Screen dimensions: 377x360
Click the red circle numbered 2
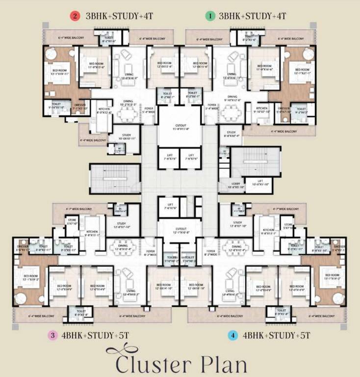point(75,16)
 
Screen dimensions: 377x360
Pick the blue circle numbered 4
point(233,336)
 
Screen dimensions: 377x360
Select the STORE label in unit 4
point(287,226)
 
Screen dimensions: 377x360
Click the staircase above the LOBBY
point(255,160)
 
